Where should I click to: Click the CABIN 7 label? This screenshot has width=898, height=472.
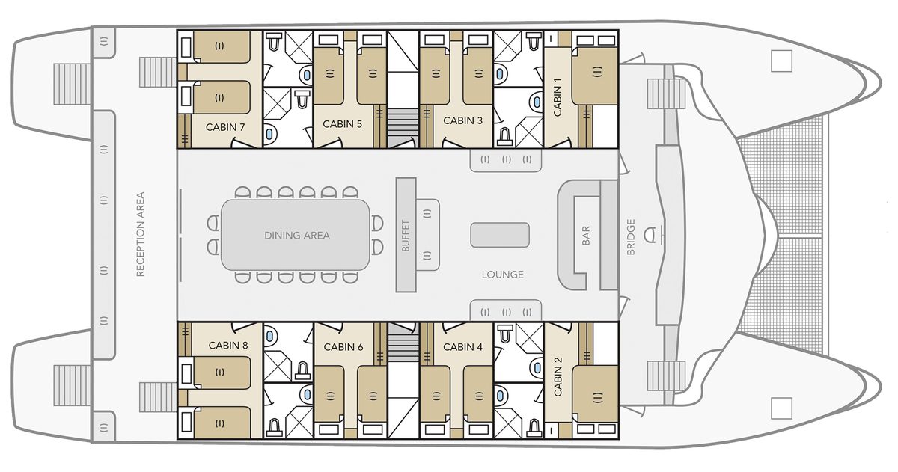[x=225, y=127]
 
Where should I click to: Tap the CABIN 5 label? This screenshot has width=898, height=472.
[x=343, y=124]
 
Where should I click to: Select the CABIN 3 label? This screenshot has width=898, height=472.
[x=462, y=120]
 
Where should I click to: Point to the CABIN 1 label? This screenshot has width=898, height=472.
[x=558, y=97]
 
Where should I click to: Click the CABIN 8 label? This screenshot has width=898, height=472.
[x=228, y=346]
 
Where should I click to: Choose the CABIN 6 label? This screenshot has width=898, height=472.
[x=343, y=347]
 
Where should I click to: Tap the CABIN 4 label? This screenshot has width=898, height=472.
[x=462, y=347]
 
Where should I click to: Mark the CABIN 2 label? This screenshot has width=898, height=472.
[x=558, y=377]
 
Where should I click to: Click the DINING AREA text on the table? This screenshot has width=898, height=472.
[x=297, y=236]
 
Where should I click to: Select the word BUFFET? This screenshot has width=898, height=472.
[x=406, y=236]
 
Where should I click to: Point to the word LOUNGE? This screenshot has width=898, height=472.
[x=503, y=275]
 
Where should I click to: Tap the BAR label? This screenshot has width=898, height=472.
[x=586, y=236]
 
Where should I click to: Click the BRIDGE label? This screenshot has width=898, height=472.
[x=631, y=237]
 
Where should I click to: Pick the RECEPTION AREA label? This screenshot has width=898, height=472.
[x=140, y=234]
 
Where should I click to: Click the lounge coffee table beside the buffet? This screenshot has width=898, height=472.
[x=500, y=235]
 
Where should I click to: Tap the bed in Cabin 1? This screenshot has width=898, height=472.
[x=594, y=76]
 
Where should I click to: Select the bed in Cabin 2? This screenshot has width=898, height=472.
[x=594, y=393]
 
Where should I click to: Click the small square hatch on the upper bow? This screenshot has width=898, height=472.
[x=781, y=61]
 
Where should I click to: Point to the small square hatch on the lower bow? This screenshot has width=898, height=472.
[x=781, y=408]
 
